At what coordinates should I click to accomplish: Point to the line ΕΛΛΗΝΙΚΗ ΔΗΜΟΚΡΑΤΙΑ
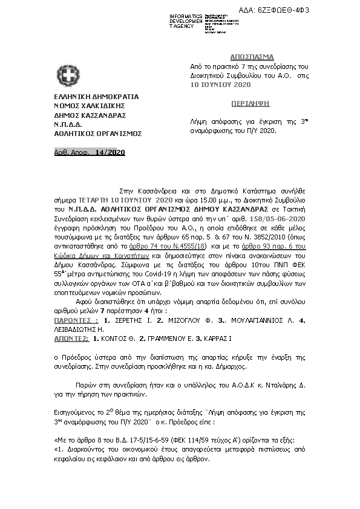point(96,97)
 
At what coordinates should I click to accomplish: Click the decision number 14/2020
point(110,152)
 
